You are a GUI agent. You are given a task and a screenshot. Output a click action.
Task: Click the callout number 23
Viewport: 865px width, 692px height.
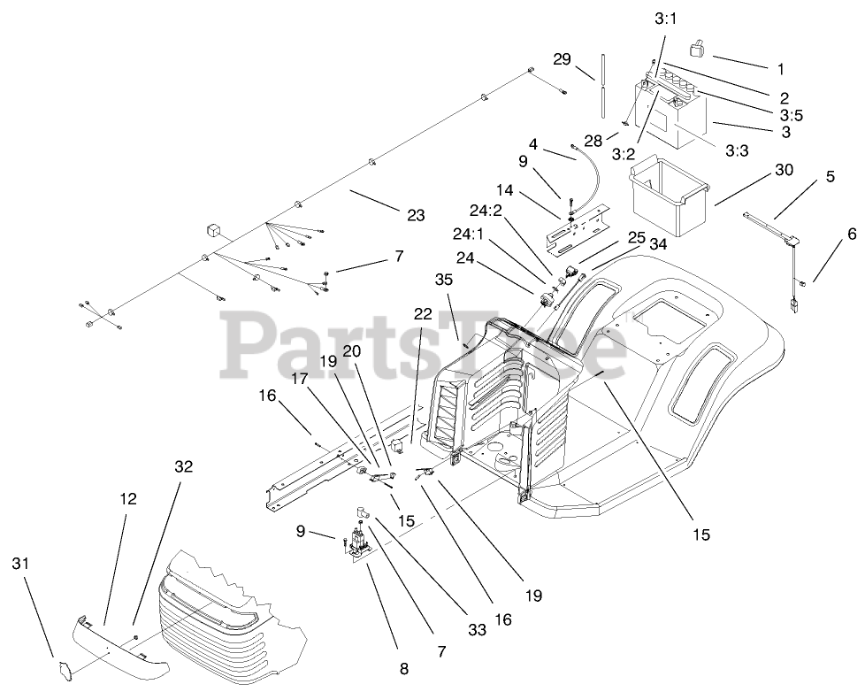(415, 215)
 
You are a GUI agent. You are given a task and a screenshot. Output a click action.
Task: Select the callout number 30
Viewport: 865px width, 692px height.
(784, 169)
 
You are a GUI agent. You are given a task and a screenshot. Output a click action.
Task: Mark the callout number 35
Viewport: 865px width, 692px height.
(442, 280)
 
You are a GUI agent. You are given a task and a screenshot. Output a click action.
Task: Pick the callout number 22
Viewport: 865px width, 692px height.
(422, 314)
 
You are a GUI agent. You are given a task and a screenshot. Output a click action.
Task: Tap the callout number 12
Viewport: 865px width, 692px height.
(128, 499)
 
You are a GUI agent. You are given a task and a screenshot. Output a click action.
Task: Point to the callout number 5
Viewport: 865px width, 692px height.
(830, 176)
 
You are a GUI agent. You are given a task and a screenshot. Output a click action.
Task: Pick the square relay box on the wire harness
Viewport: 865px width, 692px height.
(214, 229)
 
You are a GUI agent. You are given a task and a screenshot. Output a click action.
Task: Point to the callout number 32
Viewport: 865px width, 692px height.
(183, 465)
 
